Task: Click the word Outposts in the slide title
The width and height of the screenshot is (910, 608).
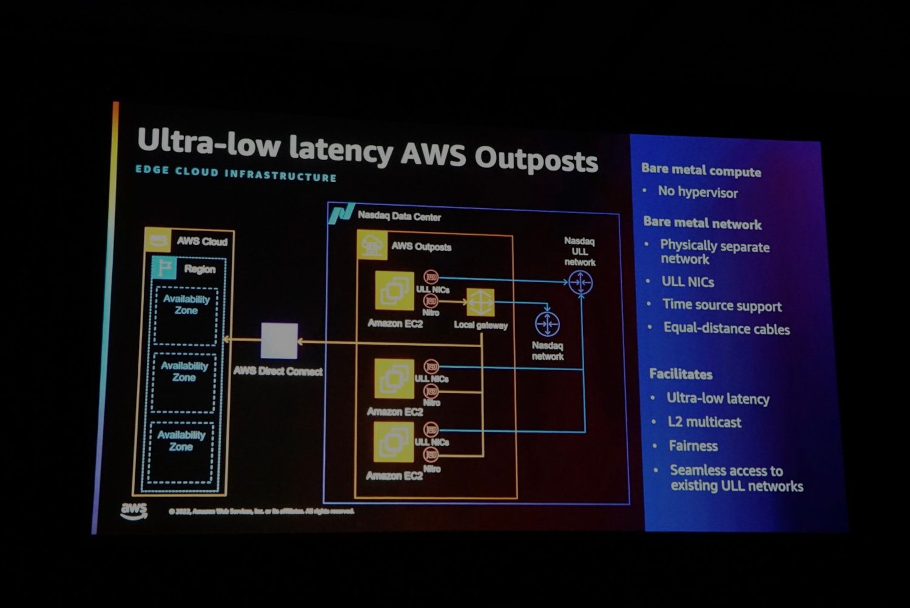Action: coord(536,159)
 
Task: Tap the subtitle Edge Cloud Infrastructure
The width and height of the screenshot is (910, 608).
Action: coord(236,174)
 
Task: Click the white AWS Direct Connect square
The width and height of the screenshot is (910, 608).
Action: coord(279,341)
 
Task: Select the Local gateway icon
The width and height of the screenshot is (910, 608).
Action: coord(480,302)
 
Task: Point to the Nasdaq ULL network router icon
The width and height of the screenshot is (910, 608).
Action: coord(581,283)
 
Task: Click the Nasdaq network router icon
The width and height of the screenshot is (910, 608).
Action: coord(547,324)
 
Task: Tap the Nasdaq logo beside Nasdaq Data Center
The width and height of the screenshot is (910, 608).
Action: coord(341,214)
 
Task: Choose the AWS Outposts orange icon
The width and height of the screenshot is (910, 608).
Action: coord(372,245)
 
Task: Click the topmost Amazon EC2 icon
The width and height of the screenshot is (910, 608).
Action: coord(394,291)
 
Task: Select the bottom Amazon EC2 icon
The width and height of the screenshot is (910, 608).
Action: coord(393,442)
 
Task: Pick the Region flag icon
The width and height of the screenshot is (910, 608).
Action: coord(164,268)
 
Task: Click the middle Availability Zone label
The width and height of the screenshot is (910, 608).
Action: coord(184,371)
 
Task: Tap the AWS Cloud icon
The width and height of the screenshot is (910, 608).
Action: coord(158,240)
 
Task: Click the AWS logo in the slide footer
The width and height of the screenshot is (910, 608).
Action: coord(133,510)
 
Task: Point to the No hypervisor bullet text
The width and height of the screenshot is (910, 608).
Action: coord(698,192)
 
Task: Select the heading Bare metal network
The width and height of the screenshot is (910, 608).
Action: coord(702,223)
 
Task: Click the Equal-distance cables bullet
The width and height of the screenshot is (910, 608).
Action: coord(726,329)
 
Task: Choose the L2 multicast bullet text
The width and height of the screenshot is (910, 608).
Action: coord(704,422)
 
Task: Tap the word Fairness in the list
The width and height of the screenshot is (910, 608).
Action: coord(693,446)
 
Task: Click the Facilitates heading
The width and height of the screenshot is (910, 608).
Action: coord(681,374)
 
